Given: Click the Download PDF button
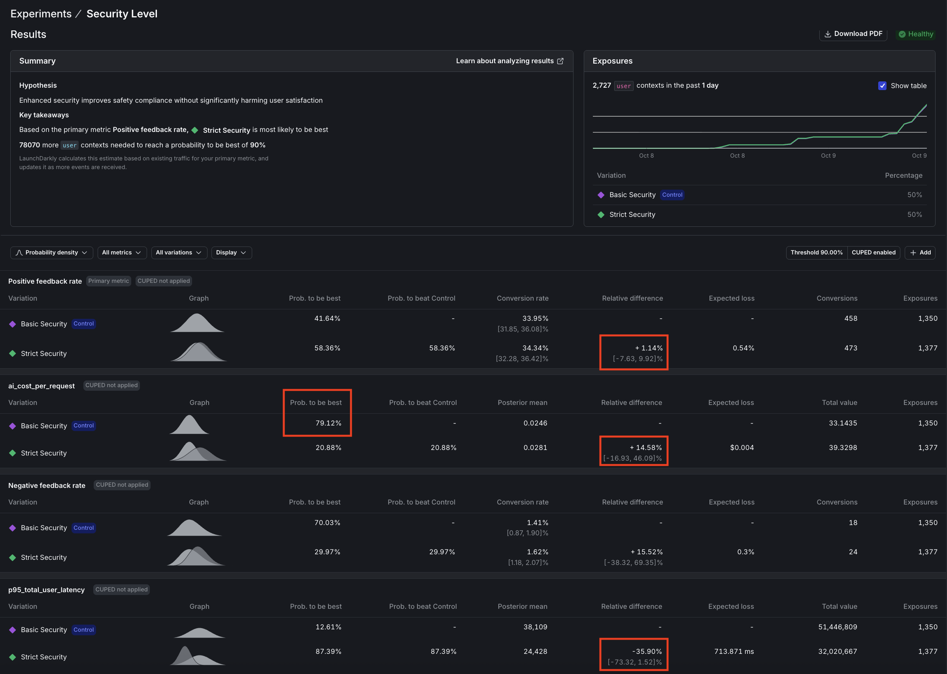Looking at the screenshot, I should (x=853, y=34).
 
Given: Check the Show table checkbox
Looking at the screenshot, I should (x=882, y=85).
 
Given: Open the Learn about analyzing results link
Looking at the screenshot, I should (x=509, y=61).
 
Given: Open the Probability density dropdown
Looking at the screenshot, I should (x=51, y=252).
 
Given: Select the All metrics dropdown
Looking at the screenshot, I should (x=122, y=252).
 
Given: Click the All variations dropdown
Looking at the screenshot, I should (x=179, y=252).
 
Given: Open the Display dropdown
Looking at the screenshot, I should (x=231, y=252).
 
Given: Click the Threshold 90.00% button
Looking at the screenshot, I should (x=816, y=252).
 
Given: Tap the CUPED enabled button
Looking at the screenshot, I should (x=873, y=252).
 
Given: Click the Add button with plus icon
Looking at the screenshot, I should (x=920, y=252).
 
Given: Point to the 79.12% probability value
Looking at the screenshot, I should (x=328, y=423).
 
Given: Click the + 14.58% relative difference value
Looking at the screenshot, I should (x=645, y=447).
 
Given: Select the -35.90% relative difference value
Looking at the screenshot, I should (x=647, y=651).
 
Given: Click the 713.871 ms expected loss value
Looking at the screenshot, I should (x=734, y=651).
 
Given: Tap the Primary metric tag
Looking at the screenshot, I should (x=108, y=281).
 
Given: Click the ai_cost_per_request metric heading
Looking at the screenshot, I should (x=42, y=386).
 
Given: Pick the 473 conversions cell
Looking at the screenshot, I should (x=850, y=348).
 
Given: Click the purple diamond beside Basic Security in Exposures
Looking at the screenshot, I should (x=601, y=195).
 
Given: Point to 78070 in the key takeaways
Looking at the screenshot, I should (x=30, y=145).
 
